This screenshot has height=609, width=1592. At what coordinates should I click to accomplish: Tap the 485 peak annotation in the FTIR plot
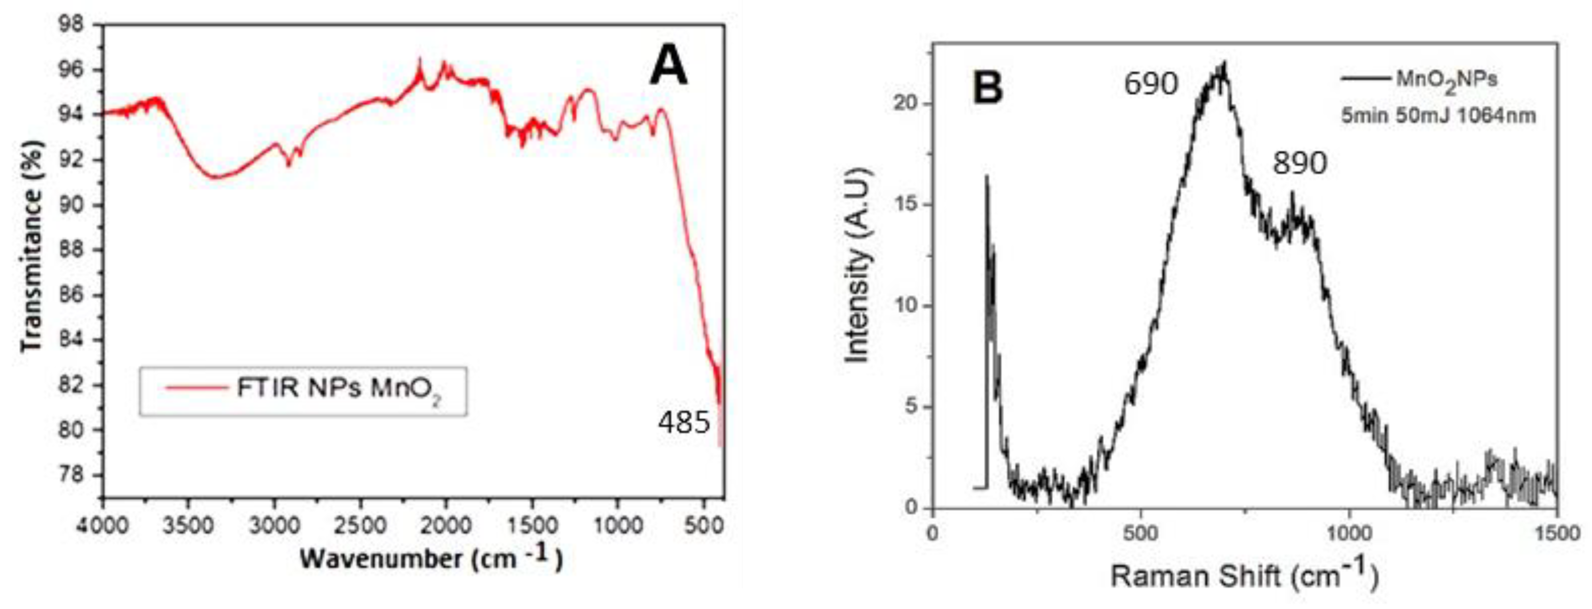(x=684, y=424)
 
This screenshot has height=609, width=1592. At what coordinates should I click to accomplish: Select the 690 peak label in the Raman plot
(x=1151, y=84)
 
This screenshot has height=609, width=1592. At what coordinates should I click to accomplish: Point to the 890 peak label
(x=1299, y=164)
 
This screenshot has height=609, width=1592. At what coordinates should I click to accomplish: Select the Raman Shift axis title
(x=1244, y=576)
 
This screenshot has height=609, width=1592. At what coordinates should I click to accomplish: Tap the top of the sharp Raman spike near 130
(x=986, y=177)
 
